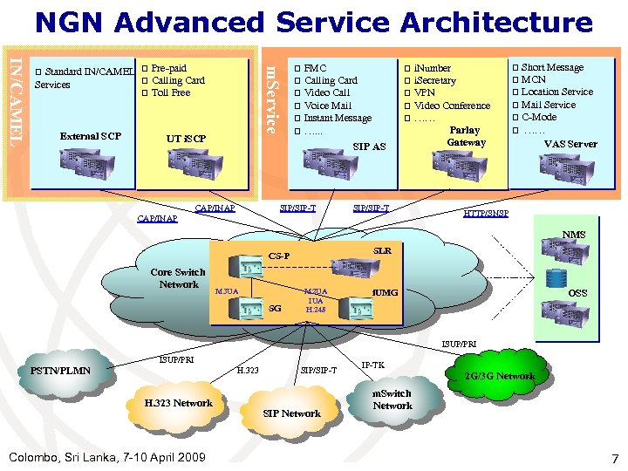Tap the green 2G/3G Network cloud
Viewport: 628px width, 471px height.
(499, 376)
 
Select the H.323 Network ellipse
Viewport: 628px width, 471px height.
(178, 403)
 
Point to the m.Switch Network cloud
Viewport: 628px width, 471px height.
(392, 399)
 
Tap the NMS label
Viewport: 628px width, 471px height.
(574, 235)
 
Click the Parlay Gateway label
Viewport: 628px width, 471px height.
(466, 136)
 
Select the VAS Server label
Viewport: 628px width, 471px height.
(570, 144)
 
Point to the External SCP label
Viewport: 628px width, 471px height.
(91, 136)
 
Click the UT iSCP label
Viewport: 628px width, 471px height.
(187, 139)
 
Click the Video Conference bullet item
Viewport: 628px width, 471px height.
(452, 106)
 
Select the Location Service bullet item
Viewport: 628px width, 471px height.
(556, 92)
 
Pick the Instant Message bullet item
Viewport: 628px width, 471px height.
(338, 118)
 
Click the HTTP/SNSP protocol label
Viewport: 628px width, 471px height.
(486, 214)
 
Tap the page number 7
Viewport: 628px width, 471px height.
(614, 458)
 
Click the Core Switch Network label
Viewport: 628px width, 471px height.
(178, 278)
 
